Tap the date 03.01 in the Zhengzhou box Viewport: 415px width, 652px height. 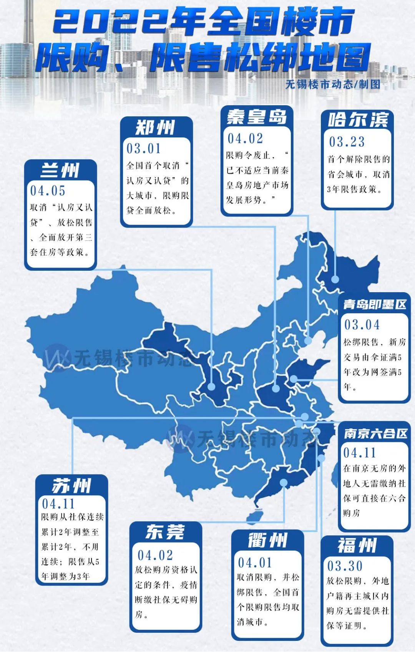144,149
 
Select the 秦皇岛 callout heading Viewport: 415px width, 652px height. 257,117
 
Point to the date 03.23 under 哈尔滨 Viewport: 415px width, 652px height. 347,142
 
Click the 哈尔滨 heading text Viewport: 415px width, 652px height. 358,120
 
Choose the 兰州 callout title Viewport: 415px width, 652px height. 60,170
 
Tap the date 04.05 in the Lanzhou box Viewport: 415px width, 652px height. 48,191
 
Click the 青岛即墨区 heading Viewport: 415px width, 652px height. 375,305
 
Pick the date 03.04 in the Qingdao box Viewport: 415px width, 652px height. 362,325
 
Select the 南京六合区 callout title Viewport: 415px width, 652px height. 375,434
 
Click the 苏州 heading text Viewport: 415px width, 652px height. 71,486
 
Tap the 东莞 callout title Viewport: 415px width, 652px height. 165,532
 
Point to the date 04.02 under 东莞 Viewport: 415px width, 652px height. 155,555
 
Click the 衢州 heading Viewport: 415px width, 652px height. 267,541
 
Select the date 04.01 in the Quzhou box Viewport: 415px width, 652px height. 255,563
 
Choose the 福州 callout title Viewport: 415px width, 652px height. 357,546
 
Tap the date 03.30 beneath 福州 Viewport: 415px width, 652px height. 345,566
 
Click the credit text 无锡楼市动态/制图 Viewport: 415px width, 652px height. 333,84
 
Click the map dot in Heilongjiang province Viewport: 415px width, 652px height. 335,279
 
